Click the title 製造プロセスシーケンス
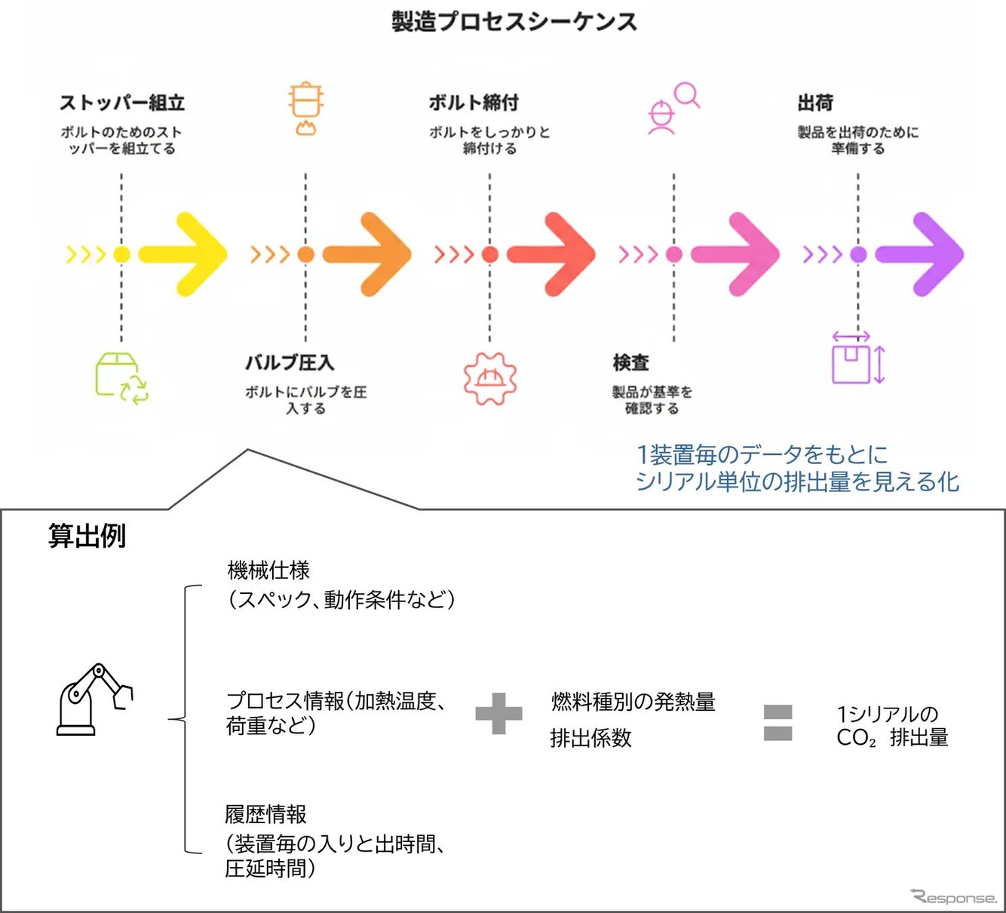click(514, 21)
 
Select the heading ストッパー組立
click(122, 103)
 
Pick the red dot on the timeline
click(490, 254)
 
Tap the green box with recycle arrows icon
click(121, 378)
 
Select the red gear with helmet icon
click(490, 378)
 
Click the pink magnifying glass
click(687, 96)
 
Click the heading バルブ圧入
click(290, 363)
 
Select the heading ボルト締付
click(474, 103)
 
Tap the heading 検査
click(631, 363)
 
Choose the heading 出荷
click(815, 103)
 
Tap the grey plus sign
click(498, 714)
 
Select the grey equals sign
click(778, 722)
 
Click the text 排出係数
click(590, 738)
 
